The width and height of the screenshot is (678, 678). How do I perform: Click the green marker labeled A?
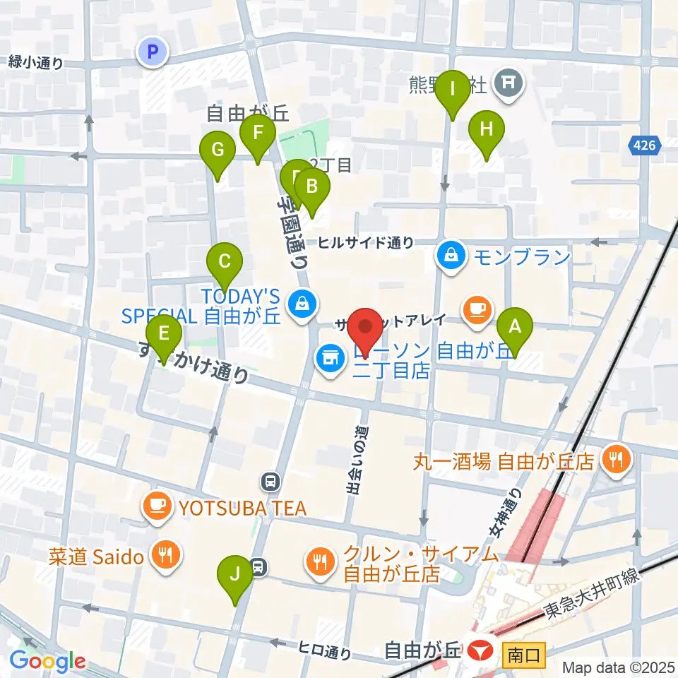(x=515, y=327)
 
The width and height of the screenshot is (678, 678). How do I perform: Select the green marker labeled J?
(x=234, y=573)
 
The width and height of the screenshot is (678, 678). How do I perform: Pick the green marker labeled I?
(x=452, y=90)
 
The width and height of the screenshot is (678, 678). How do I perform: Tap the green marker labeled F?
(x=258, y=132)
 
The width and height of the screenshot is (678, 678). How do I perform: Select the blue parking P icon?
(x=153, y=52)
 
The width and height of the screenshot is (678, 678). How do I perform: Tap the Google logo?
(x=47, y=662)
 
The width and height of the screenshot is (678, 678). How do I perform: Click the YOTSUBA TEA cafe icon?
(x=156, y=506)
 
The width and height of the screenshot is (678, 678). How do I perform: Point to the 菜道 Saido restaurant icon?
(x=165, y=555)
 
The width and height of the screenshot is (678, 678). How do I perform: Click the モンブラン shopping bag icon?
(x=450, y=254)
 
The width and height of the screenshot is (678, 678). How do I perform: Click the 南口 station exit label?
(x=524, y=655)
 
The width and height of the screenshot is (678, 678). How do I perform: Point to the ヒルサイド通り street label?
(x=366, y=243)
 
